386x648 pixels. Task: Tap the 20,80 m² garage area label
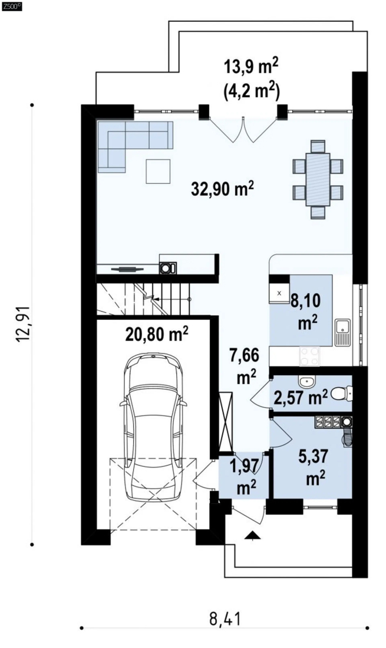click(x=157, y=333)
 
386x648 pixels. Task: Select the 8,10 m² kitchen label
click(x=306, y=312)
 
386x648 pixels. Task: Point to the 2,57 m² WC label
click(x=301, y=398)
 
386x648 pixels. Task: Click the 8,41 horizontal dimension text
click(x=225, y=619)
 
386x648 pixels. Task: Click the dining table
click(x=318, y=179)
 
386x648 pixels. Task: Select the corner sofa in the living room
click(x=135, y=147)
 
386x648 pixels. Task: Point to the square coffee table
click(x=158, y=171)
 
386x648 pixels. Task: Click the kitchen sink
click(x=342, y=332)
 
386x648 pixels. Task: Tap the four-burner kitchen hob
click(x=309, y=356)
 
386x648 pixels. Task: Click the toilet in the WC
click(x=342, y=393)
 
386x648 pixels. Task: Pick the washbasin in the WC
click(x=306, y=382)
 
